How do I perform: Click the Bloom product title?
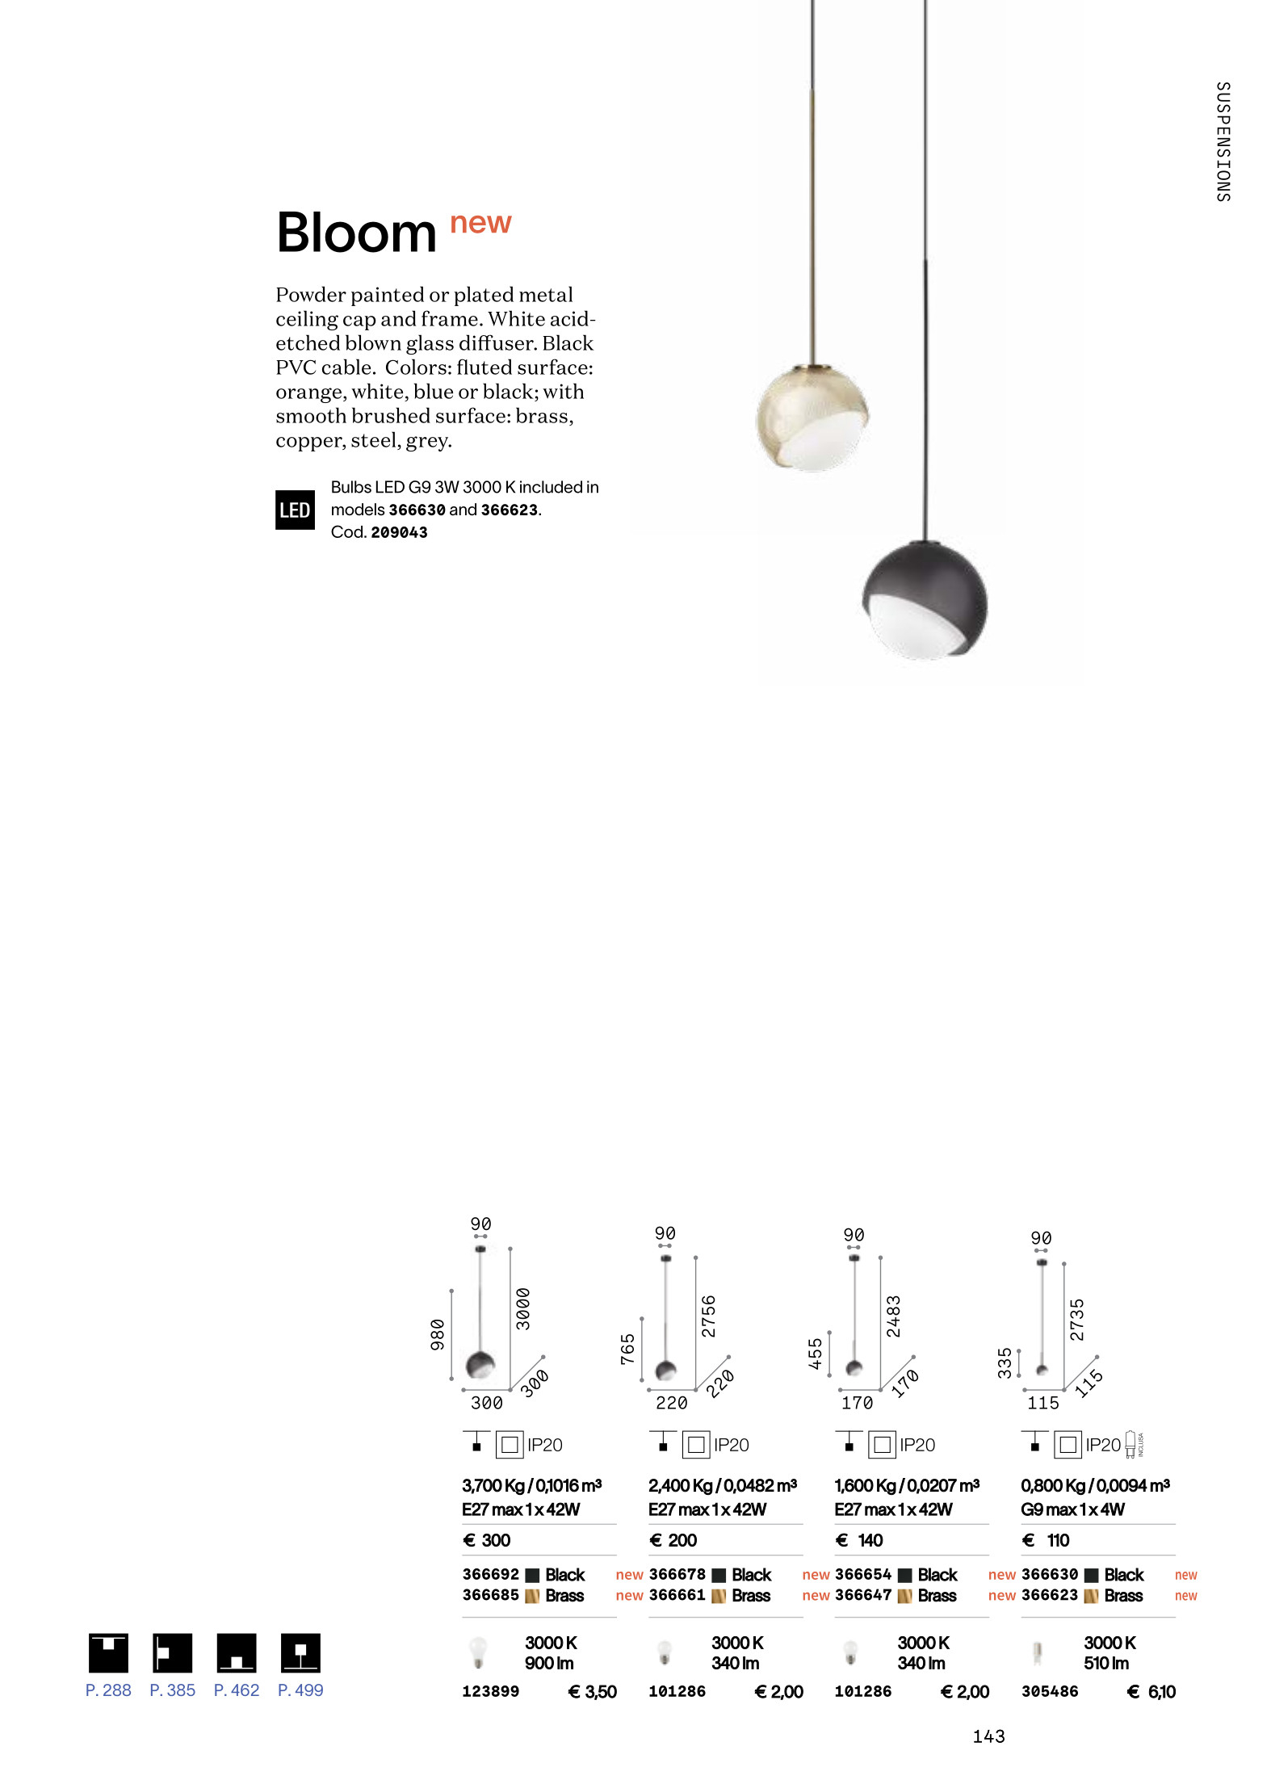pos(356,233)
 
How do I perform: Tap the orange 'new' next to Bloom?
pos(480,222)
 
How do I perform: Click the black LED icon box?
pos(295,510)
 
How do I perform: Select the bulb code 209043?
pos(399,532)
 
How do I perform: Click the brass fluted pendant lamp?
pos(812,418)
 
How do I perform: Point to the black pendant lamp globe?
pos(925,599)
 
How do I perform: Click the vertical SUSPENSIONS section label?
pos(1223,141)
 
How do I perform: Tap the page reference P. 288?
pos(108,1690)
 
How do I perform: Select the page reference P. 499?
pos(300,1690)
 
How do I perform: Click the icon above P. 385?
pos(172,1652)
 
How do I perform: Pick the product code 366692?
pos(490,1574)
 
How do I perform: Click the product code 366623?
pos(1049,1595)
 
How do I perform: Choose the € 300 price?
pos(486,1540)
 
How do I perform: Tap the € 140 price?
pos(859,1540)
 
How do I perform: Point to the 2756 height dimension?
pos(708,1316)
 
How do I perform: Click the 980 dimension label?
pos(438,1334)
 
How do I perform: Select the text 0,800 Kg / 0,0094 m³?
pos(1095,1485)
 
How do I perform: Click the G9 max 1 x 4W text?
pos(1072,1509)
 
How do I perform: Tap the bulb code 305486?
pos(1049,1691)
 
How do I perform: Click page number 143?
pos(988,1736)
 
